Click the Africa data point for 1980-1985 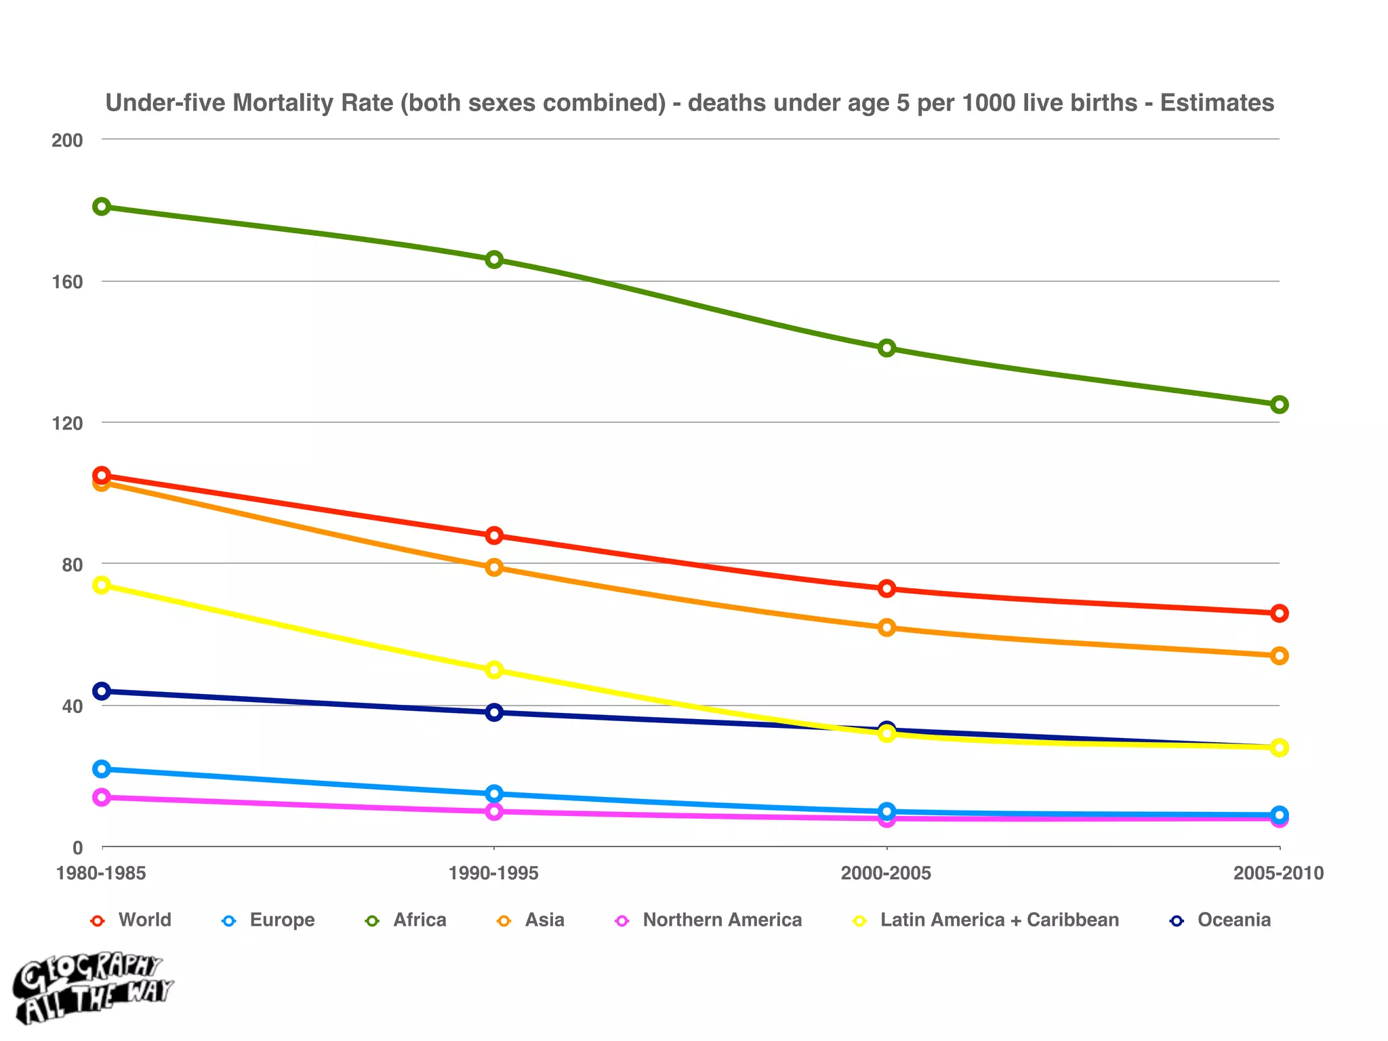click(102, 207)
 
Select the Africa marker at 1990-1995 click(494, 260)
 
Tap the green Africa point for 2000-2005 click(886, 348)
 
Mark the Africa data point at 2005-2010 click(1279, 405)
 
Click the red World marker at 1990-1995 click(494, 535)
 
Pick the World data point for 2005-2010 click(1279, 613)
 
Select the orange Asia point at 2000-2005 click(886, 628)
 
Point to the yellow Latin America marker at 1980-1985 click(102, 585)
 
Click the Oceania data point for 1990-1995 click(494, 712)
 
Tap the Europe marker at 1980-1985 click(102, 769)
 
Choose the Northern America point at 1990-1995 click(494, 811)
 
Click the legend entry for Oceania click(1233, 920)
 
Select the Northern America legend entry click(722, 920)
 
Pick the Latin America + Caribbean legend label click(999, 920)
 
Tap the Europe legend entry click(282, 920)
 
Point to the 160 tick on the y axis click(67, 282)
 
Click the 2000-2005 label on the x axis click(886, 874)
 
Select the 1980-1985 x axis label click(102, 874)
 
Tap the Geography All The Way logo click(91, 989)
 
